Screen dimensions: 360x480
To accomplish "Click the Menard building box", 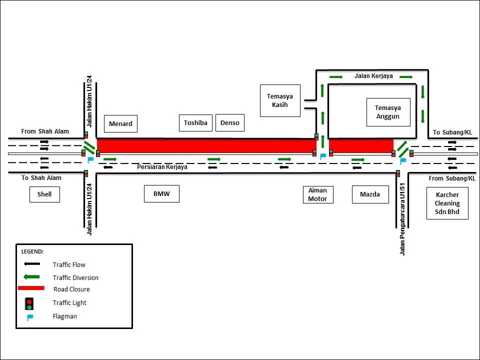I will pos(120,123).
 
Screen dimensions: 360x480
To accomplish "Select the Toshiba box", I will pos(195,122).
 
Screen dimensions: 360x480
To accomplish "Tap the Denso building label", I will pos(230,122).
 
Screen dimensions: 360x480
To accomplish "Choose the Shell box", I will pos(44,194).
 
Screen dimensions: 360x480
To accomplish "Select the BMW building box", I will pos(161,194).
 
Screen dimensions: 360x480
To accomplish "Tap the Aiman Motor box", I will pos(317,194).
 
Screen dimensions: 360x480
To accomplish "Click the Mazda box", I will pos(370,194).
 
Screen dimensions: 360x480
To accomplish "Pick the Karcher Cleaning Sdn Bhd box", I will pos(447,203).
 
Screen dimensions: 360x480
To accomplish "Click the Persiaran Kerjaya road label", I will pos(162,167).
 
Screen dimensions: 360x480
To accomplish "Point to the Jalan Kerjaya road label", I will pos(373,76).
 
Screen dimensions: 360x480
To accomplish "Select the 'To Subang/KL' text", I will pos(452,132).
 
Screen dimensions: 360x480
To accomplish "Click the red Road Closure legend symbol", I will pos(31,288).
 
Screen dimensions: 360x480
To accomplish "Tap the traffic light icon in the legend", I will pos(29,303).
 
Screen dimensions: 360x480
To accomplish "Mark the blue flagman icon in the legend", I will pos(30,316).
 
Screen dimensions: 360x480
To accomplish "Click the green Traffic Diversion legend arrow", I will pos(31,276).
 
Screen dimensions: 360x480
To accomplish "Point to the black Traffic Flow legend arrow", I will pos(31,264).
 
